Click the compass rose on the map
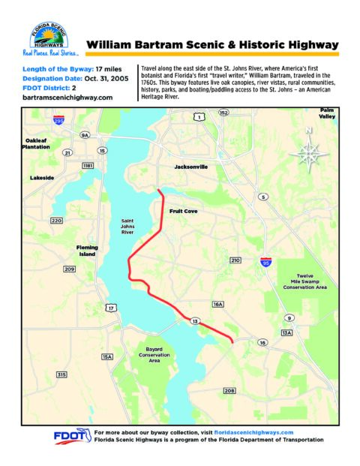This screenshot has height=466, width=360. (308, 153)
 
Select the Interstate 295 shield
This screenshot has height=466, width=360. (58, 120)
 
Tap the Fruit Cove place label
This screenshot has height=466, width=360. (184, 212)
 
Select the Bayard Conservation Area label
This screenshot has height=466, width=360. (154, 354)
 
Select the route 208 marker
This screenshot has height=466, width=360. (229, 391)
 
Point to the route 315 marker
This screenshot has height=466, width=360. (61, 374)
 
